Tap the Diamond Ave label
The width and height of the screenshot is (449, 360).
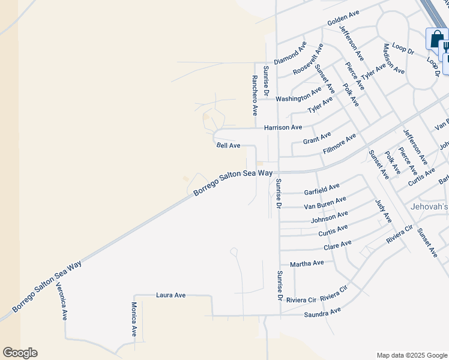(x=291, y=53)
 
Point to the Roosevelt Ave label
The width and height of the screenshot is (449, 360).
(x=308, y=59)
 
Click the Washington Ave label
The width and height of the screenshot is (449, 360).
(x=299, y=96)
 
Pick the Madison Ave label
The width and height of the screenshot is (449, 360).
(x=393, y=58)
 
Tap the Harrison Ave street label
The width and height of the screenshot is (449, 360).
(x=283, y=128)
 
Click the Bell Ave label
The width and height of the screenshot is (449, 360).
(x=228, y=146)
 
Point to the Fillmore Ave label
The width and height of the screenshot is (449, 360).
(x=339, y=143)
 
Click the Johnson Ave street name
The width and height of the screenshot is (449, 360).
(x=330, y=217)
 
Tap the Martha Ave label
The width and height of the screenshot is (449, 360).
(x=307, y=263)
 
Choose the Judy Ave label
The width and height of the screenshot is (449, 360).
(x=382, y=211)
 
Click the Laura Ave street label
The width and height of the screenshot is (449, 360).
(x=171, y=295)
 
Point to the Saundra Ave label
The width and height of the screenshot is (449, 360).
(x=322, y=312)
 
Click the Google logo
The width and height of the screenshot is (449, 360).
(x=20, y=353)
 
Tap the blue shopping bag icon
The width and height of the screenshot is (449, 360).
(x=436, y=40)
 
